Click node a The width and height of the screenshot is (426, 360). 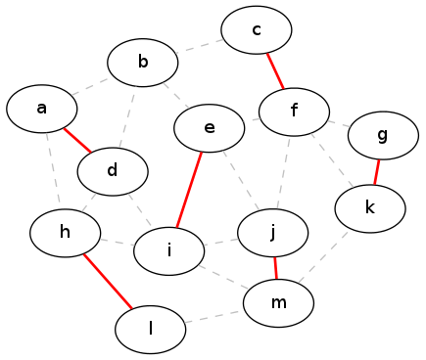point(42,109)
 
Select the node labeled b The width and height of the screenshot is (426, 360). point(143,64)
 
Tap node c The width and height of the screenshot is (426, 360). point(257,30)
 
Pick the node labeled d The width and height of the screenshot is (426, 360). point(113,171)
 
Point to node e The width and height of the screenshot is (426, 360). point(210,127)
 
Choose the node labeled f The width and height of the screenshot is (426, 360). point(294,110)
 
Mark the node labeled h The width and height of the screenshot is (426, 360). point(66,232)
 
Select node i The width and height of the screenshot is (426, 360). point(169,250)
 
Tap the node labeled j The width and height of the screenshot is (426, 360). point(273,233)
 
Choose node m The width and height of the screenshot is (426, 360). point(279,303)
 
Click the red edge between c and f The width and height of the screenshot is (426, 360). point(275,70)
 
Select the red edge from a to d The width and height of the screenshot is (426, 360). point(77,140)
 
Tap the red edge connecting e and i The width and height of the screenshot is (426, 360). point(190,189)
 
